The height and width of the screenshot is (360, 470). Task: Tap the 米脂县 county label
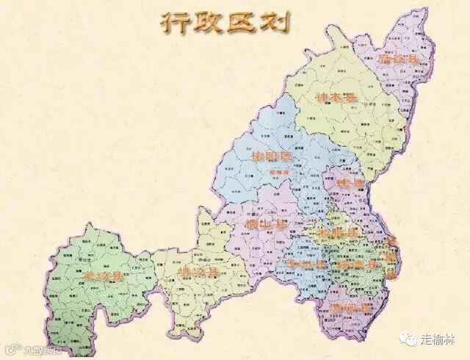pos(335,232)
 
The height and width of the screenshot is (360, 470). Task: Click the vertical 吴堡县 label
pos(390,257)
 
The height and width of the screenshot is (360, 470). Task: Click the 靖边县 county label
pos(199,273)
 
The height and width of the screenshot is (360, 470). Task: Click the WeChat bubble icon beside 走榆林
pos(409,339)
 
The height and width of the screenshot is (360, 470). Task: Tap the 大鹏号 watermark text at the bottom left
pos(37,351)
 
